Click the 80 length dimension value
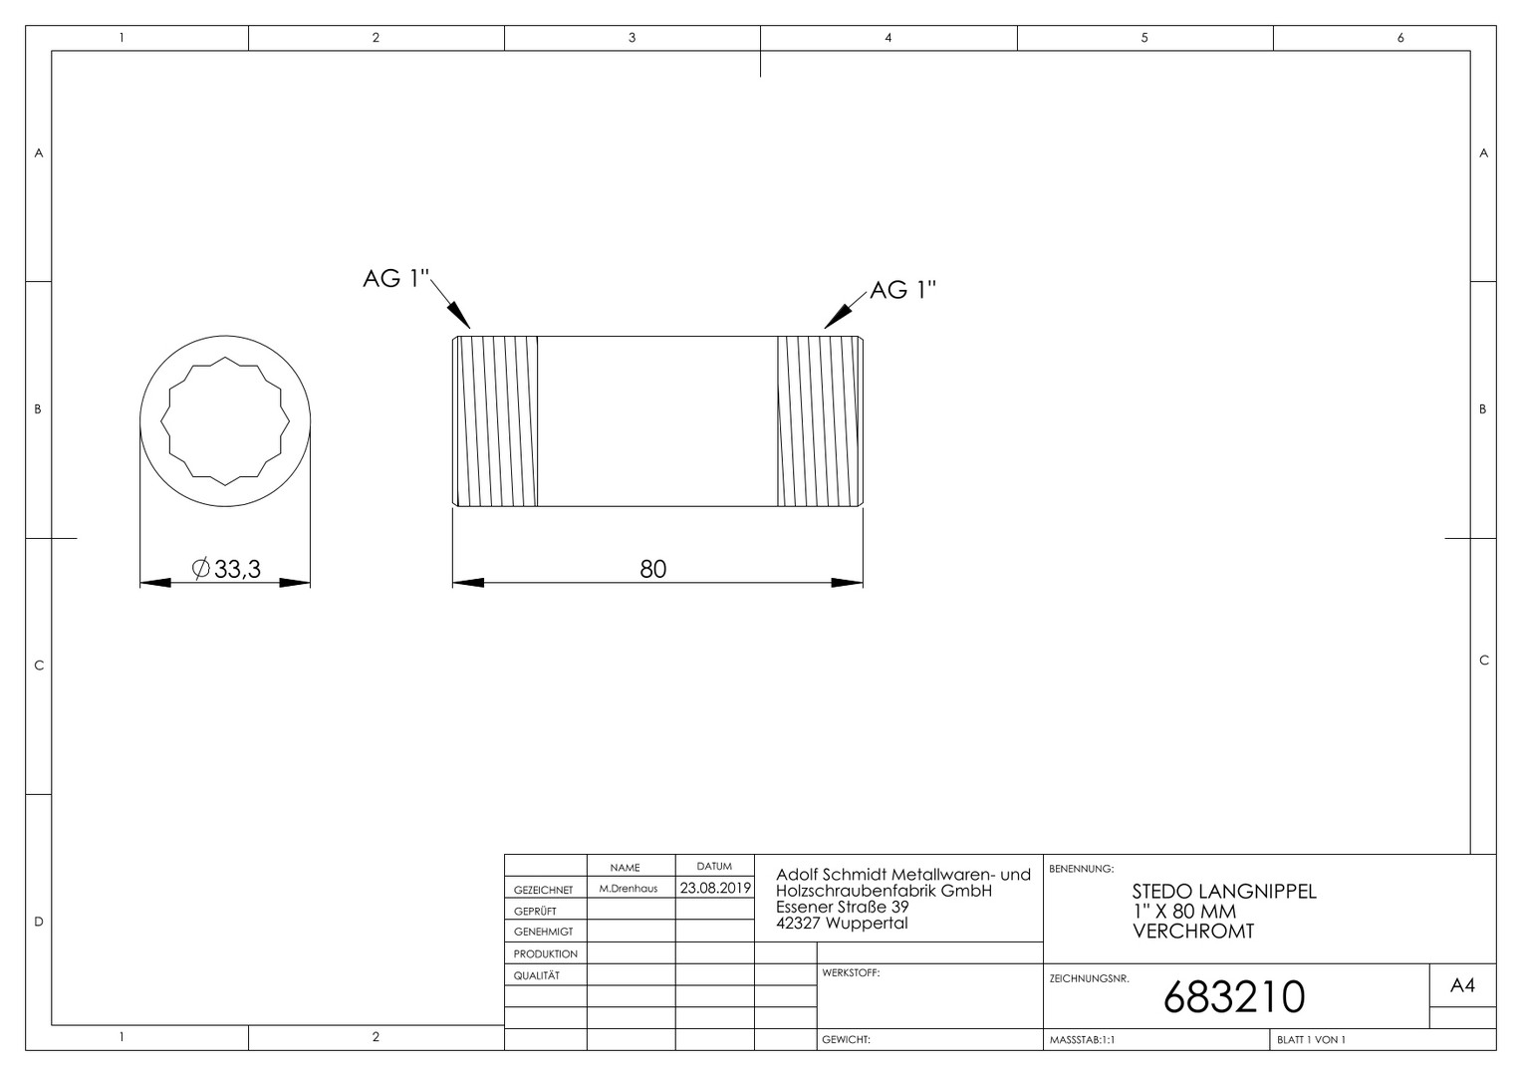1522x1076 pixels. tap(653, 569)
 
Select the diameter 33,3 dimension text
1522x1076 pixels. tap(226, 569)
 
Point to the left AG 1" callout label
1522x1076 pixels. tap(396, 278)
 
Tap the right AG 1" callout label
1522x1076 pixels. tap(902, 290)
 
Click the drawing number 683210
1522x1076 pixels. tap(1234, 996)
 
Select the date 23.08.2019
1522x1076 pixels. tap(715, 888)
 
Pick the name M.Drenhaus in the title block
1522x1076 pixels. tap(628, 889)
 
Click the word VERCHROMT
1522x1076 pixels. tap(1193, 932)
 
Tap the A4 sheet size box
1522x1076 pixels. tap(1462, 985)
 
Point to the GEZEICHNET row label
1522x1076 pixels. tap(543, 890)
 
